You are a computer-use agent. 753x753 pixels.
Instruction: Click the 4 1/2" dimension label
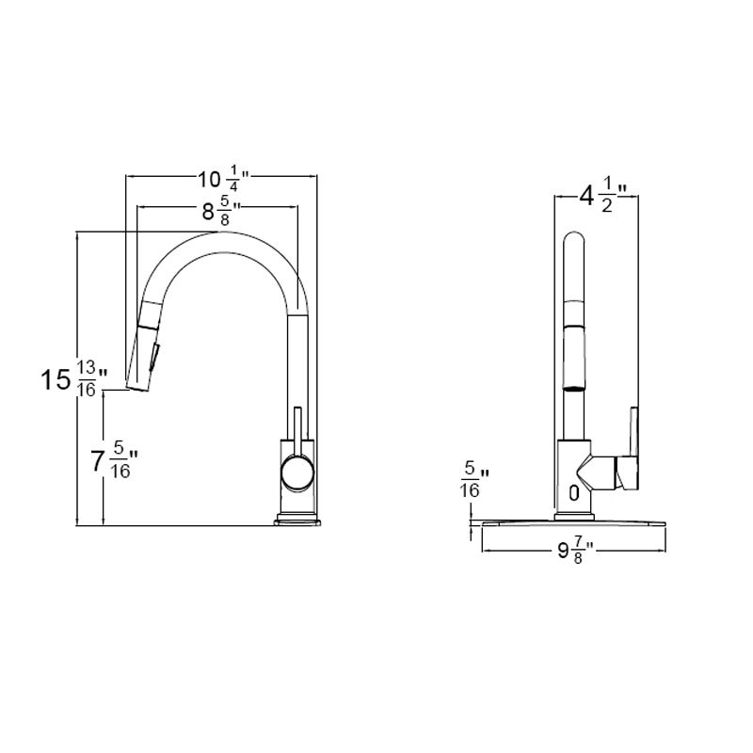click(602, 198)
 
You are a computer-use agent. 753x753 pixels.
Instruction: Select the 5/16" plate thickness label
click(470, 480)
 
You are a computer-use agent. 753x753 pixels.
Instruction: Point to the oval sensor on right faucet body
click(571, 490)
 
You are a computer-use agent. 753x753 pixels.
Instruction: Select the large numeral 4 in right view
click(586, 197)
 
